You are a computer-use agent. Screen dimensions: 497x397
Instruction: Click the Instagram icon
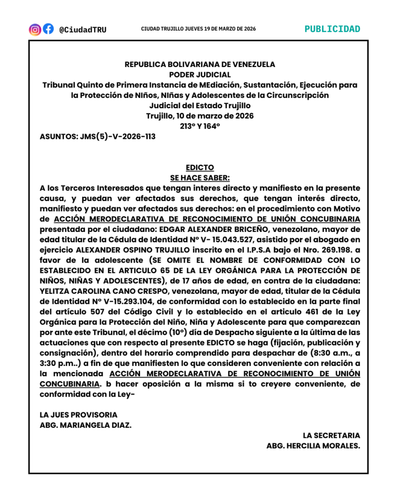tap(35, 29)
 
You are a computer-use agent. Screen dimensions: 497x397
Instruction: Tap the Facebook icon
tap(48, 29)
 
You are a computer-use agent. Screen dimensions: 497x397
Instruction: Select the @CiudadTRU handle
tap(82, 30)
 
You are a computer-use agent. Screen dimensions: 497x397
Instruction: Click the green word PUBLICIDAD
tap(332, 29)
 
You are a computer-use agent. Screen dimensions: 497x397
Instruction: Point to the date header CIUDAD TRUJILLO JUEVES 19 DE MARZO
tap(198, 29)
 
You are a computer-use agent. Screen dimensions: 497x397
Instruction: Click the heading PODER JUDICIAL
tap(200, 75)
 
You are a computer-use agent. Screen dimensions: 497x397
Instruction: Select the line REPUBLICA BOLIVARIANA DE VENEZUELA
tap(200, 64)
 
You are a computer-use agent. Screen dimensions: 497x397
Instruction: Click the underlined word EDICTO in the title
tap(200, 167)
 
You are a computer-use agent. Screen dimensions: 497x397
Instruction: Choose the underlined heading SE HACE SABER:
tap(200, 178)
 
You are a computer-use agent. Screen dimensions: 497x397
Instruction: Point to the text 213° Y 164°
tap(200, 126)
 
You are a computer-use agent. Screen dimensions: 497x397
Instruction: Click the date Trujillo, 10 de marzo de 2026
tap(200, 116)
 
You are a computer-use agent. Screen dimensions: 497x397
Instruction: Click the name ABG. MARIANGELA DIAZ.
tap(85, 425)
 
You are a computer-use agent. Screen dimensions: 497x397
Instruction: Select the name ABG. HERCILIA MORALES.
tap(313, 446)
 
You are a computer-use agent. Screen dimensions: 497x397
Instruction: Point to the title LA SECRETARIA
tap(331, 435)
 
